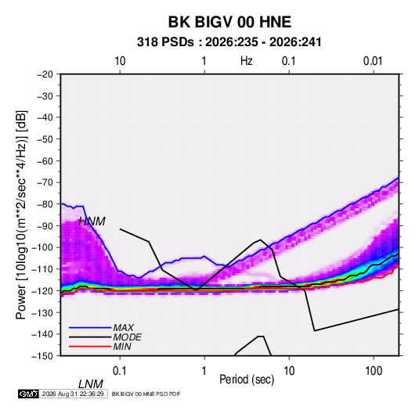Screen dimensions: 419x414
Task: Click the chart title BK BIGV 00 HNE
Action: click(229, 22)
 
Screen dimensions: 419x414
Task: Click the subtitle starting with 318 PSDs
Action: click(229, 42)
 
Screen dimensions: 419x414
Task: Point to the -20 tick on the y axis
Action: click(45, 74)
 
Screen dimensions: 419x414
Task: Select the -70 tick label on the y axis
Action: click(45, 182)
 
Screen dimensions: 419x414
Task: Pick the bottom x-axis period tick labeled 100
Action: click(374, 371)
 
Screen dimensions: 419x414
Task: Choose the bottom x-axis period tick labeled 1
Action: click(204, 371)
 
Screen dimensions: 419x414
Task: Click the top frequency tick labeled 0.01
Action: click(373, 61)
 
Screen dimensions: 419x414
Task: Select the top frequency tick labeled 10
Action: click(120, 61)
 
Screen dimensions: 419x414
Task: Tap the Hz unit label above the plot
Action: click(247, 61)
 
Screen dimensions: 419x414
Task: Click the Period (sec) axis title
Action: click(247, 380)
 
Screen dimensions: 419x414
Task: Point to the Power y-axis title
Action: click(21, 214)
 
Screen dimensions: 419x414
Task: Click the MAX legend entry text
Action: click(124, 328)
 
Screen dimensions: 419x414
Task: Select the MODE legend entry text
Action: click(127, 337)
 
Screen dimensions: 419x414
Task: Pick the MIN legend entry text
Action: click(122, 347)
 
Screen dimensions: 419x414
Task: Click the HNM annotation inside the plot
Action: click(92, 221)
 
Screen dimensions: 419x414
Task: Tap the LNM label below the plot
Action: click(91, 384)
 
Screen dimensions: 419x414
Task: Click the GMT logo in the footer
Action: click(29, 394)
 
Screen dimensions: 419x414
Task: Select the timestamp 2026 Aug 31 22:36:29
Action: click(73, 394)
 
